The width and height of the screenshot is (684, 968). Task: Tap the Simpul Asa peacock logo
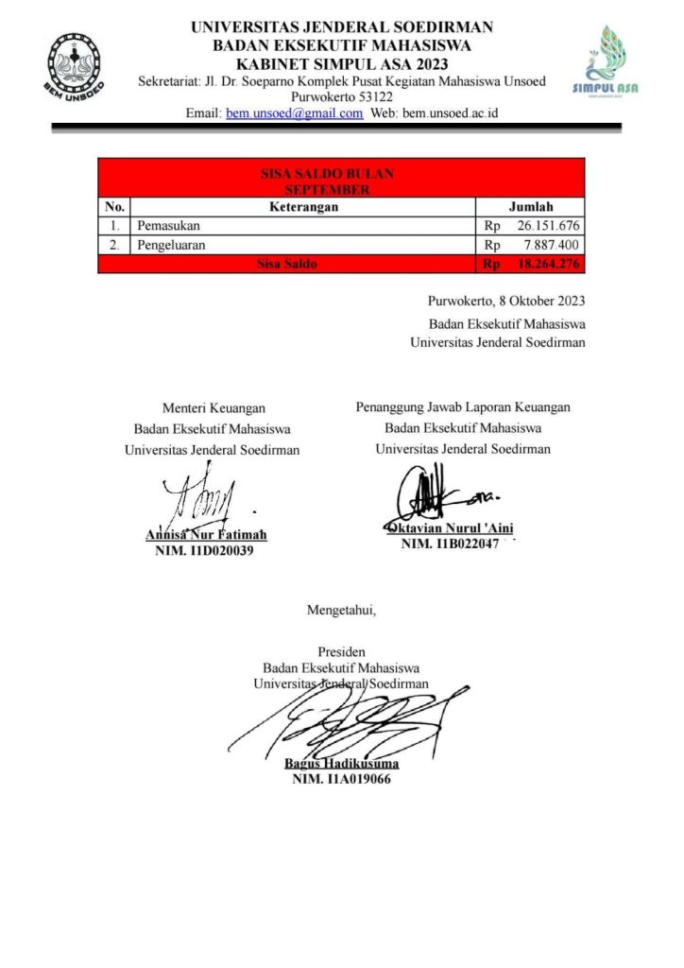(606, 60)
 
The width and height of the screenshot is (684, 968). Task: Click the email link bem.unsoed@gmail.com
(294, 113)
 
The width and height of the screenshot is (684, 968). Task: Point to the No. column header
(114, 207)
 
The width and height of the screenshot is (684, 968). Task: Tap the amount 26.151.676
(548, 226)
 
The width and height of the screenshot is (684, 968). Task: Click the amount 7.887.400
(553, 245)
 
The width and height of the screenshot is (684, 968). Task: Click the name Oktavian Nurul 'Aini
(449, 528)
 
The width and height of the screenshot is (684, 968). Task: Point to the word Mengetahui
(341, 610)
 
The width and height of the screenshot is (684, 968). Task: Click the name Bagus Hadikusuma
(341, 764)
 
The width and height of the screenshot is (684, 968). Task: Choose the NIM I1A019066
(341, 780)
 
